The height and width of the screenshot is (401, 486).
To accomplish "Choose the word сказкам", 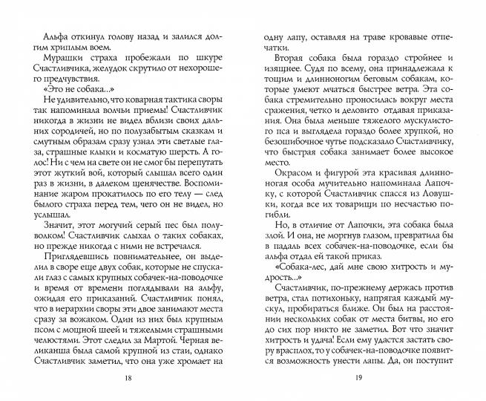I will click(x=174, y=133).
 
